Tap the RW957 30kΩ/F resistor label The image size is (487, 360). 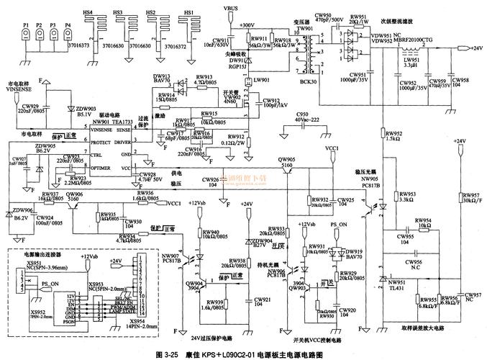point(471,197)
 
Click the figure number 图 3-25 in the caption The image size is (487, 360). point(168,354)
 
